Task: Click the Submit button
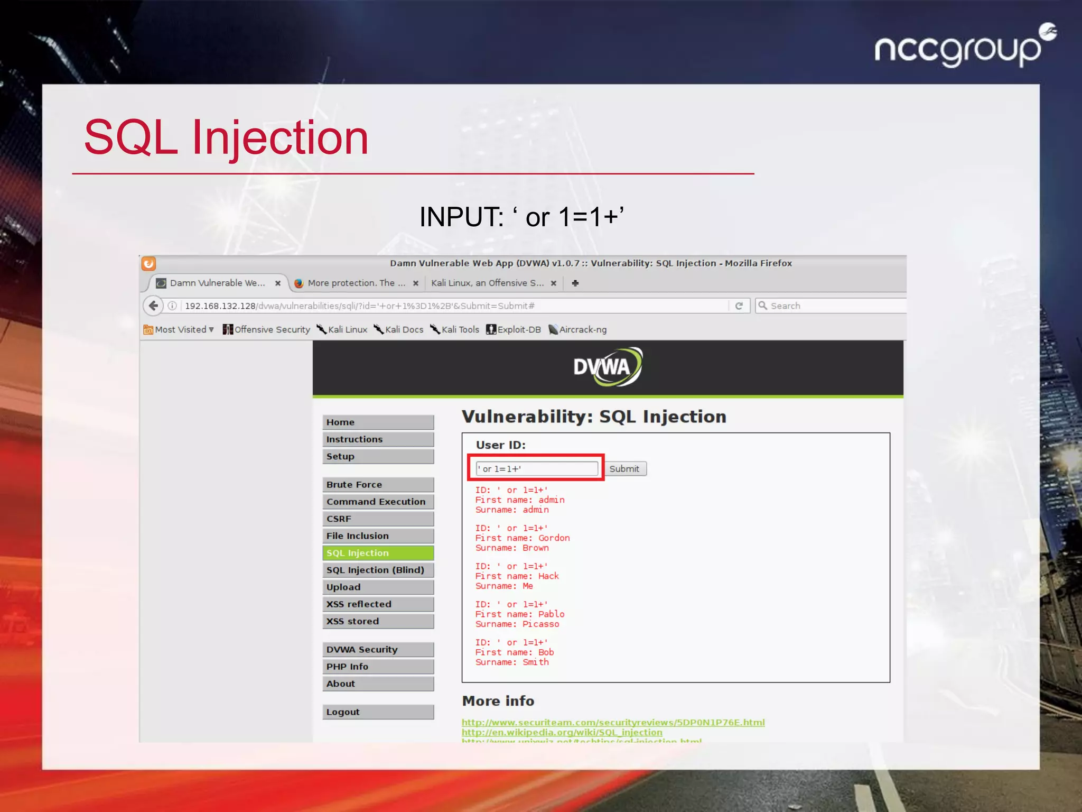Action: pyautogui.click(x=624, y=469)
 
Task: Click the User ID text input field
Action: pyautogui.click(x=537, y=469)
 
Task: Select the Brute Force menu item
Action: pyautogui.click(x=378, y=485)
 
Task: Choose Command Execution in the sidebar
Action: pyautogui.click(x=378, y=502)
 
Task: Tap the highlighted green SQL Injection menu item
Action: pyautogui.click(x=378, y=553)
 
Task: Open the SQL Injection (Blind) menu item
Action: pyautogui.click(x=378, y=570)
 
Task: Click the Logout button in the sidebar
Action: pyautogui.click(x=378, y=712)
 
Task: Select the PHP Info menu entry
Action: pyautogui.click(x=378, y=667)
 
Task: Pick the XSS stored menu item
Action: pyautogui.click(x=378, y=621)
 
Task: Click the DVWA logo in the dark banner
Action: pyautogui.click(x=608, y=367)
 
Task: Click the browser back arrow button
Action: pyautogui.click(x=153, y=306)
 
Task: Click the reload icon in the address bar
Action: pyautogui.click(x=739, y=306)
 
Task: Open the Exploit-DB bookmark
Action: pyautogui.click(x=514, y=329)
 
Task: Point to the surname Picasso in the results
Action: pyautogui.click(x=540, y=624)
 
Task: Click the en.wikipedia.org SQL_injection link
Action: pyautogui.click(x=562, y=732)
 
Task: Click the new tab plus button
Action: pyautogui.click(x=575, y=283)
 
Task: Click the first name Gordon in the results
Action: pyautogui.click(x=554, y=538)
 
